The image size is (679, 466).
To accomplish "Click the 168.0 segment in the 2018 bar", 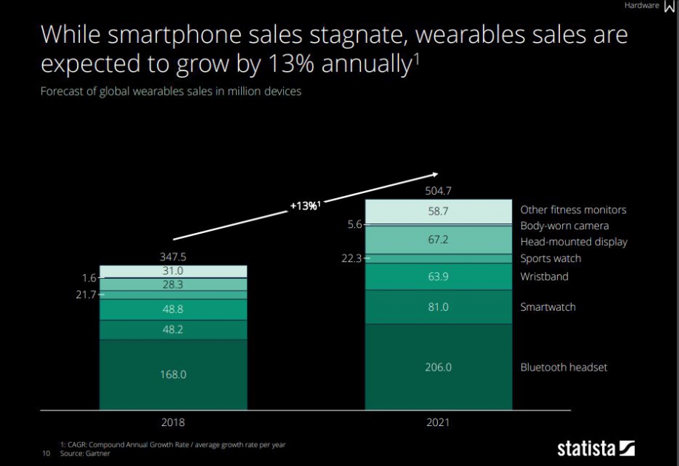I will (x=173, y=374).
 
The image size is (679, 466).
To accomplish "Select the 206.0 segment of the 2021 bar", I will (x=438, y=367).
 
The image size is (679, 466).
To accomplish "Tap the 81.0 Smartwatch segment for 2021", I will (x=438, y=307).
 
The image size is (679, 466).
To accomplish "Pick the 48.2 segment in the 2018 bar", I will (x=173, y=330).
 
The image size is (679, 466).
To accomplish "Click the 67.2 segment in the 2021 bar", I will (x=438, y=240).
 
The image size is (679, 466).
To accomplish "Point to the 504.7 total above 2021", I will (x=438, y=191).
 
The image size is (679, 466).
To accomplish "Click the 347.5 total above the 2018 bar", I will (x=173, y=257).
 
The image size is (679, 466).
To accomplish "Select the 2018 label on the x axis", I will (x=173, y=423).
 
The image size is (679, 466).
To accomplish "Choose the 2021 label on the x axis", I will (x=438, y=423).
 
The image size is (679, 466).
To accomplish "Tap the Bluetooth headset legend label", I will (x=563, y=367).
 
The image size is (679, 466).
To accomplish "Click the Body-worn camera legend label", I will (x=564, y=226).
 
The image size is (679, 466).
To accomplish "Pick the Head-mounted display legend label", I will (x=573, y=242).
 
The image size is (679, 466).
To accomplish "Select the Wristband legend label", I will (x=544, y=276).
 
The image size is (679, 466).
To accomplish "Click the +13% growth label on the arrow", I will (x=305, y=206).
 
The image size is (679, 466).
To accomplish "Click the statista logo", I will (x=595, y=448).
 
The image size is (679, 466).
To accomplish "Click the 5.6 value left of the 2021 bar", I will (x=354, y=224).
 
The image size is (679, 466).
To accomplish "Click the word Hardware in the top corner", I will (x=641, y=5).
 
